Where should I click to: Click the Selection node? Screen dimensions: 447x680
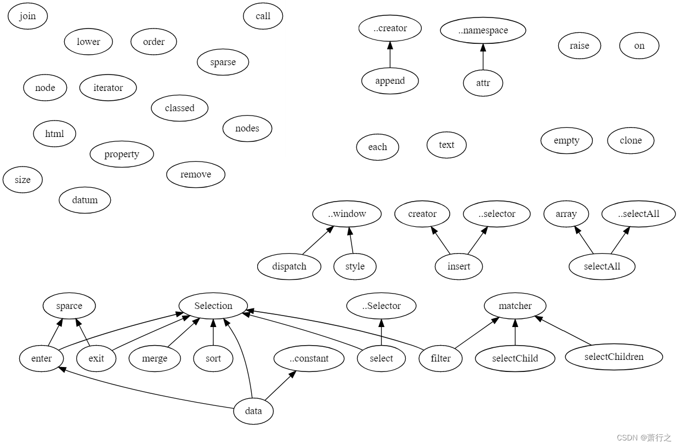tap(213, 306)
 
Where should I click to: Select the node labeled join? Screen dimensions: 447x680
tap(27, 16)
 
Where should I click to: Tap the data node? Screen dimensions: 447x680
tap(253, 411)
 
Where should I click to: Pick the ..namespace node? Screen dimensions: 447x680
tap(483, 31)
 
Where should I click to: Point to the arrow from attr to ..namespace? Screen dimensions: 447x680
tap(483, 57)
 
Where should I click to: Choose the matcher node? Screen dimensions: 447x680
tap(515, 306)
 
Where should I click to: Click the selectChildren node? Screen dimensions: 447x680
tap(614, 357)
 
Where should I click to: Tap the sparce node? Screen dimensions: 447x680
tap(69, 306)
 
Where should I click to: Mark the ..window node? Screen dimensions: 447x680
tap(347, 214)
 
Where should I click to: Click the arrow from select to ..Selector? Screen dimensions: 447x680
tap(381, 332)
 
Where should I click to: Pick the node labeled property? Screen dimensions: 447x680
tap(122, 154)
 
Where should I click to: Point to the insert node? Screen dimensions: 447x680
tap(459, 267)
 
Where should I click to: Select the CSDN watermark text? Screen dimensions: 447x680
tap(644, 438)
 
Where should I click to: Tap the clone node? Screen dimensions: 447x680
tap(631, 141)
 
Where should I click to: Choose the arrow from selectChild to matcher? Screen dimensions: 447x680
tap(515, 332)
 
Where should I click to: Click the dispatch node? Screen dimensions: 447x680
tap(289, 267)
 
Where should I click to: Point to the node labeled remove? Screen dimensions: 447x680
tap(196, 175)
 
